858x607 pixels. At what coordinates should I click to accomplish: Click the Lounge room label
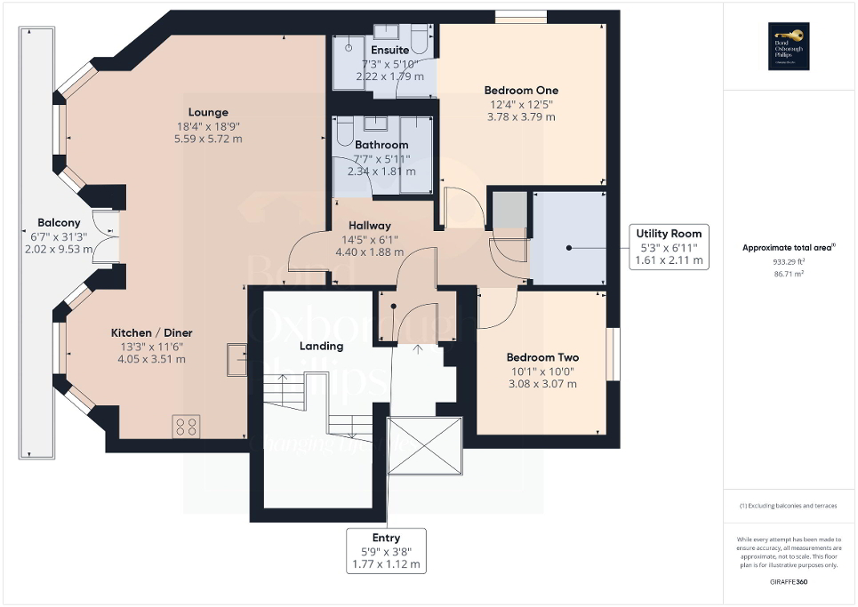(208, 113)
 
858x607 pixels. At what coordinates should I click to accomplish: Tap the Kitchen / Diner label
(151, 333)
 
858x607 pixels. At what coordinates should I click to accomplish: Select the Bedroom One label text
(521, 91)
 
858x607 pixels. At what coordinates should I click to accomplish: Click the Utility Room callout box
(670, 247)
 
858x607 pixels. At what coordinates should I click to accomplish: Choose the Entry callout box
(386, 551)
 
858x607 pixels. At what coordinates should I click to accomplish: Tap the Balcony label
(59, 223)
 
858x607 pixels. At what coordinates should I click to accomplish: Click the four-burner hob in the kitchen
(187, 426)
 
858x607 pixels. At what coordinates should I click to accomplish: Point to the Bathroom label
(381, 145)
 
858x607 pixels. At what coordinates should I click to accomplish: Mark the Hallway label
(370, 226)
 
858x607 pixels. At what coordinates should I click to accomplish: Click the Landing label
(322, 346)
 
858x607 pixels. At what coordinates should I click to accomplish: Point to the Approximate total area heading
(790, 248)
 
